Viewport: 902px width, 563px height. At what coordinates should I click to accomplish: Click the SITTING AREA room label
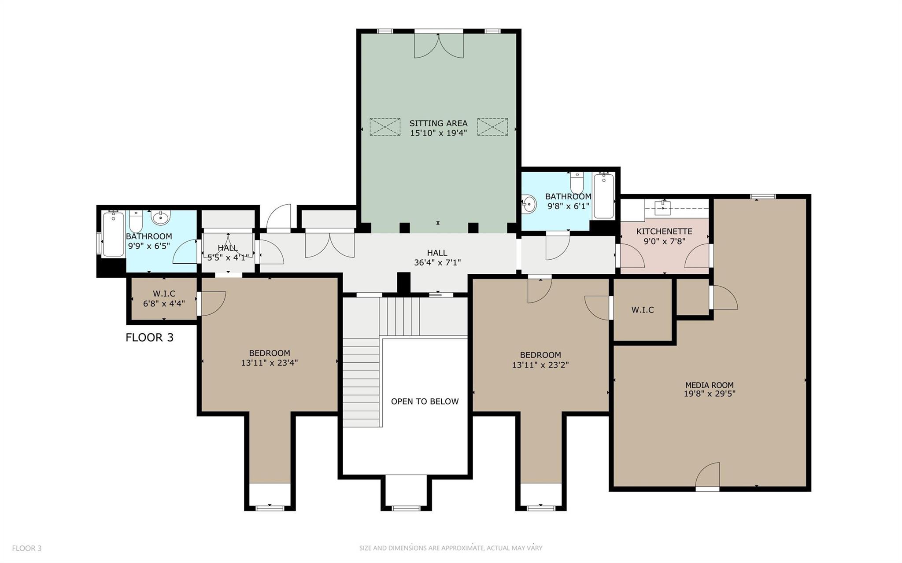click(x=438, y=123)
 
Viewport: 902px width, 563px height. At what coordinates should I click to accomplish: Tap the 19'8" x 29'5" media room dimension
click(x=709, y=394)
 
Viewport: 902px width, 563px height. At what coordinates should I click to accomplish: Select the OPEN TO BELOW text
click(x=425, y=401)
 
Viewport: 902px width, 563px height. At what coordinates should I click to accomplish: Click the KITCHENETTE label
click(x=664, y=232)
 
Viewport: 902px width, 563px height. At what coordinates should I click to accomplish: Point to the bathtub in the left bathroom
click(x=113, y=234)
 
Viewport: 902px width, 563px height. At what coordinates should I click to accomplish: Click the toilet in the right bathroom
click(x=577, y=182)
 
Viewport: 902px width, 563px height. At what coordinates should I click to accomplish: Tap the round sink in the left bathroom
click(x=161, y=217)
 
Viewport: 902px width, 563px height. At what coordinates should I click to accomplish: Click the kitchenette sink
click(x=662, y=208)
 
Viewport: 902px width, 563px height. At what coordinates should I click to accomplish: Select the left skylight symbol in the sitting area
click(x=385, y=127)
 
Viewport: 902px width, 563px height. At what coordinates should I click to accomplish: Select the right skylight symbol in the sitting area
click(x=492, y=127)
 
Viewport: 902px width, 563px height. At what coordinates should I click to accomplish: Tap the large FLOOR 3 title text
click(x=149, y=338)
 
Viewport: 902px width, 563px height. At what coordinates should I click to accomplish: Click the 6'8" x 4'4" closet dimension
click(x=164, y=303)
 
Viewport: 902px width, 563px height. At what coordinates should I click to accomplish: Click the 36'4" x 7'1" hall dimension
click(x=437, y=263)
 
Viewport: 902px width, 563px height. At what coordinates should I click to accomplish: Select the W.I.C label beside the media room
click(x=642, y=310)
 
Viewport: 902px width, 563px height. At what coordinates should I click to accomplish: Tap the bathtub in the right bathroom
click(x=603, y=196)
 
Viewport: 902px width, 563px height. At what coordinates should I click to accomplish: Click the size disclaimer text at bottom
click(x=451, y=548)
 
